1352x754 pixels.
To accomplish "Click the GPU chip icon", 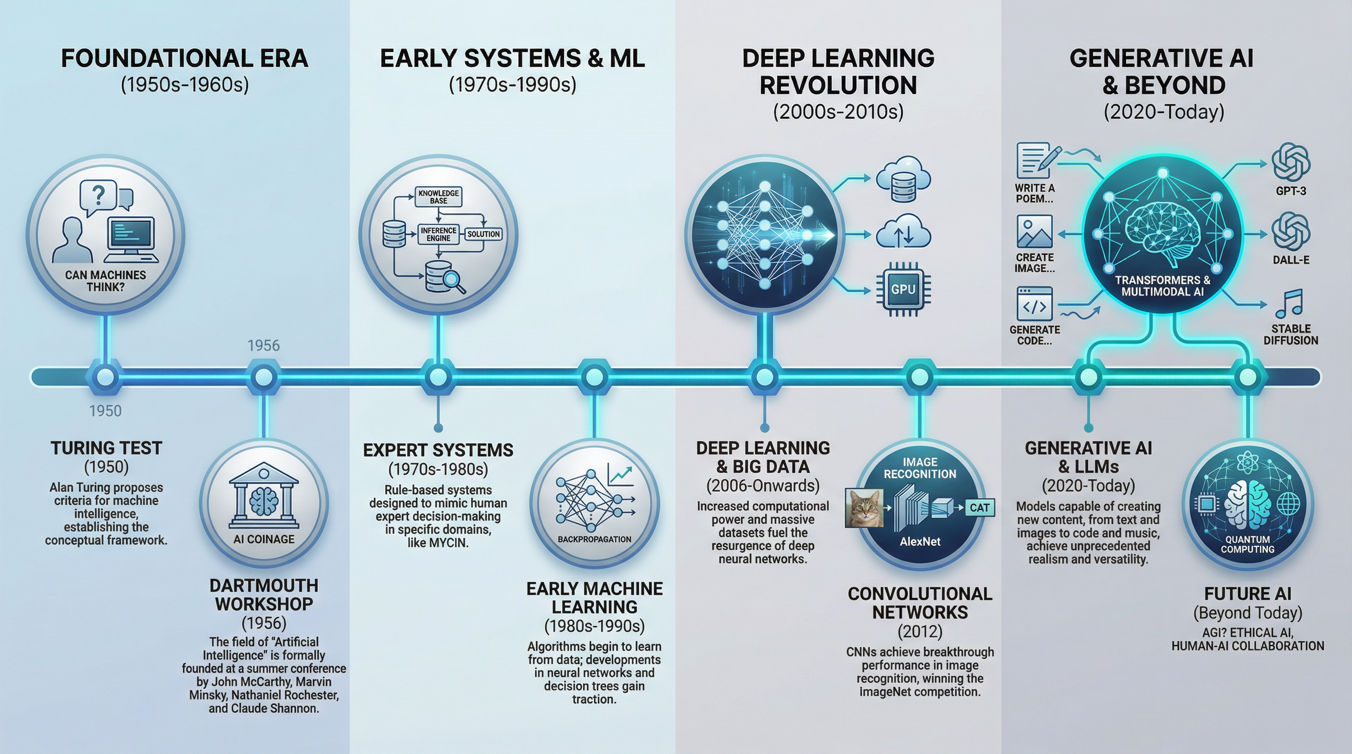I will pyautogui.click(x=903, y=289).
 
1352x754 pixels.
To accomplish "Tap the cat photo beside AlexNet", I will pyautogui.click(x=864, y=508).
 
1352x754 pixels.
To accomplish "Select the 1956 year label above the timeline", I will pyautogui.click(x=263, y=346).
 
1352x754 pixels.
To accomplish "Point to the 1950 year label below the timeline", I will pyautogui.click(x=106, y=410).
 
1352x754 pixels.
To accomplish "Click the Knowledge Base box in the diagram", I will pyautogui.click(x=438, y=197).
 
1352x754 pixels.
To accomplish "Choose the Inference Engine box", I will pyautogui.click(x=438, y=234).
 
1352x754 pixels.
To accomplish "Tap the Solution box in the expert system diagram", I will pyautogui.click(x=483, y=234).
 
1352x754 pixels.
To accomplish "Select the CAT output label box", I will pyautogui.click(x=979, y=508).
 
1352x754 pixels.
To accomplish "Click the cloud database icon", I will pyautogui.click(x=903, y=179).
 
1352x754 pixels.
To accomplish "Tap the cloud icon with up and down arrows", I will pyautogui.click(x=903, y=232).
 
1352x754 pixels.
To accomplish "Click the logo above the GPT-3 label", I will pyautogui.click(x=1291, y=162).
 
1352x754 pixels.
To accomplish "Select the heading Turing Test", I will pyautogui.click(x=106, y=448).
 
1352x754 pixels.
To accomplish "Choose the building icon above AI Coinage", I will pyautogui.click(x=264, y=495).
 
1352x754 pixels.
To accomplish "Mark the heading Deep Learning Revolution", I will pyautogui.click(x=838, y=71).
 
